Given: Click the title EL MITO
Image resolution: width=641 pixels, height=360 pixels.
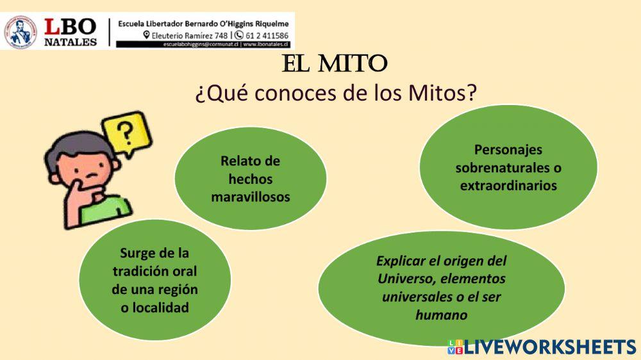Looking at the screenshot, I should (335, 63).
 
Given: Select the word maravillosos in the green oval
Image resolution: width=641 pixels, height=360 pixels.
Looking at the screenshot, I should (251, 197).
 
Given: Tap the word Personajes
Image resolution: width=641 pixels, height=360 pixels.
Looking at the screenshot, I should (508, 150).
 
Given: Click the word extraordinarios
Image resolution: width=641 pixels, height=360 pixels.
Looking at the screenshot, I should (508, 186).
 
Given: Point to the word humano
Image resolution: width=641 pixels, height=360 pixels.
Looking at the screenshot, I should (441, 315).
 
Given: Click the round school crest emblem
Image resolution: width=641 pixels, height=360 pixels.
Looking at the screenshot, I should (21, 32).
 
